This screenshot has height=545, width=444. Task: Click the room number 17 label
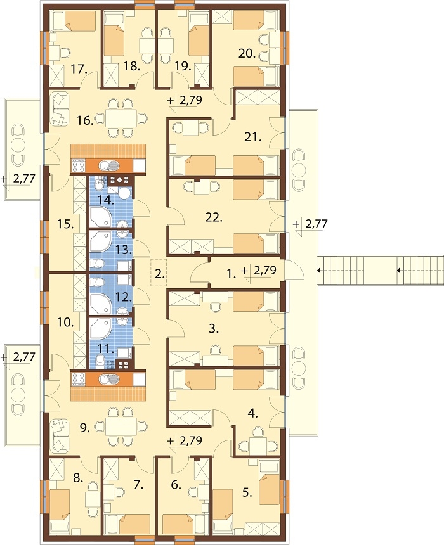point(79,69)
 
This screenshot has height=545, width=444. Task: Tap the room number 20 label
point(247,53)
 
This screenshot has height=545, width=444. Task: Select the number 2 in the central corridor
point(159,274)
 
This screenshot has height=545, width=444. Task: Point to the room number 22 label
point(214,217)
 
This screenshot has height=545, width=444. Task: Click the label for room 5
point(247,492)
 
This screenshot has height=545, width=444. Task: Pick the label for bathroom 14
point(105,200)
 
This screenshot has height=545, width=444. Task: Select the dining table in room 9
point(121,426)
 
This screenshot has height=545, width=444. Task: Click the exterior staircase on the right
point(381,271)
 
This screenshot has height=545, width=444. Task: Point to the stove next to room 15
point(79,165)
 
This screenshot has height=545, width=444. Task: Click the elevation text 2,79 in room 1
point(265,271)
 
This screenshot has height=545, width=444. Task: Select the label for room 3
point(214,328)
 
